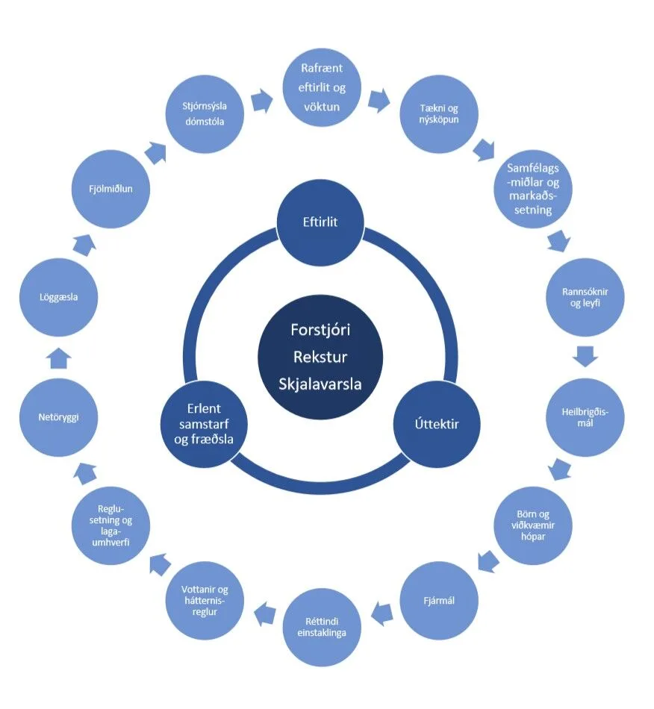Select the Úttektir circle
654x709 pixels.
pyautogui.click(x=436, y=424)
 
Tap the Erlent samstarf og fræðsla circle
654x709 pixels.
pyautogui.click(x=200, y=424)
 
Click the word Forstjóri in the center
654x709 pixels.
pyautogui.click(x=320, y=328)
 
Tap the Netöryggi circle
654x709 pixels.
pyautogui.click(x=58, y=417)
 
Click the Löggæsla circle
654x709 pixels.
pyautogui.click(x=58, y=297)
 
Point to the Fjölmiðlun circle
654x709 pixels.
pyautogui.click(x=110, y=189)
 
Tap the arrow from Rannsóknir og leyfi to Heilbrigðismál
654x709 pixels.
pyautogui.click(x=586, y=357)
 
